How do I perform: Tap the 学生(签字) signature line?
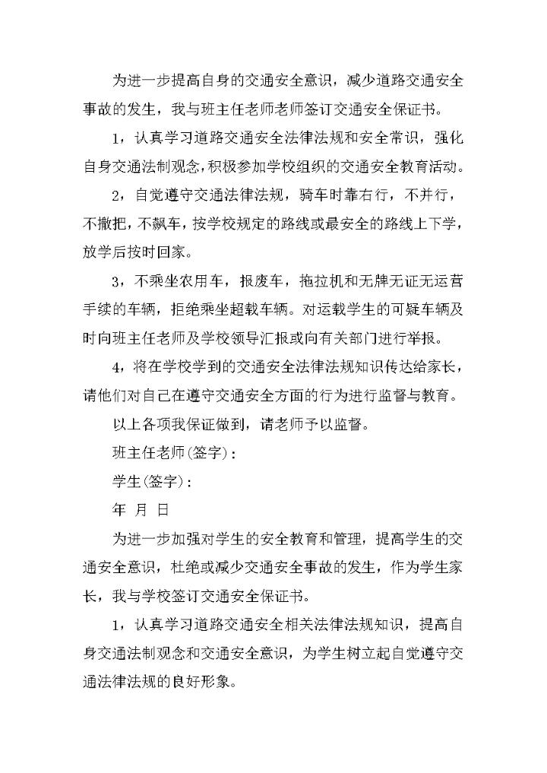[148, 483]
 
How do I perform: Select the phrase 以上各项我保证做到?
[179, 426]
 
